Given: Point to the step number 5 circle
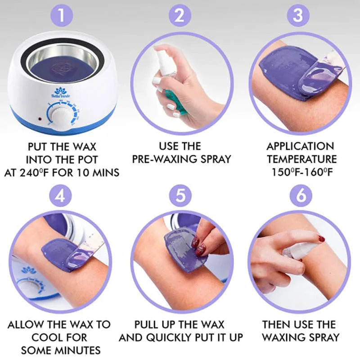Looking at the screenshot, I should click(180, 197).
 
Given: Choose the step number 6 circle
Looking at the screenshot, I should click(297, 197).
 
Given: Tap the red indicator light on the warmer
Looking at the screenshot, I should click(40, 120).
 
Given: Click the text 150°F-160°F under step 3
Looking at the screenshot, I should click(301, 172).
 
